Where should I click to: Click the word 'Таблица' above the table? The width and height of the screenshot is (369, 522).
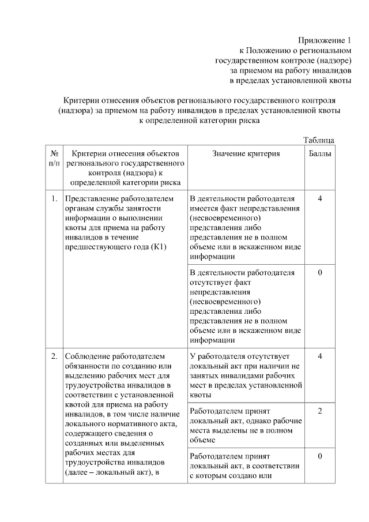click(318, 140)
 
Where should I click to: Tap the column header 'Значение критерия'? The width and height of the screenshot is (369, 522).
click(246, 153)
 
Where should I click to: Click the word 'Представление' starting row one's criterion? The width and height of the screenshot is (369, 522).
click(92, 199)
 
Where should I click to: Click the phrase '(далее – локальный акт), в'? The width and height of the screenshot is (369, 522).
click(112, 472)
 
